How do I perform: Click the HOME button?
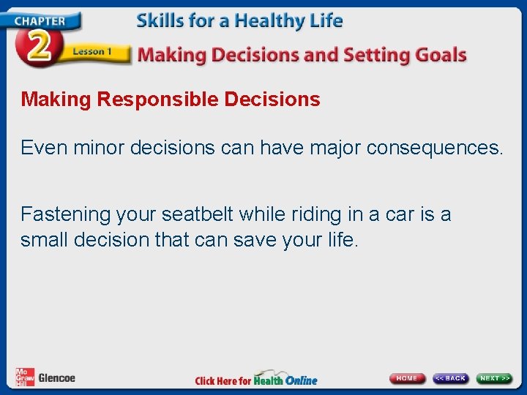406,378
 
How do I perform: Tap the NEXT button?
494,378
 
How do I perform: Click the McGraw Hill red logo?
24,377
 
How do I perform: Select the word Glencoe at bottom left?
56,378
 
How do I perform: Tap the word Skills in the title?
159,20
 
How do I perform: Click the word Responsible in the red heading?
158,99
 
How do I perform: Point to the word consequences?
435,148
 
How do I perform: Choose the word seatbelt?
191,214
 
